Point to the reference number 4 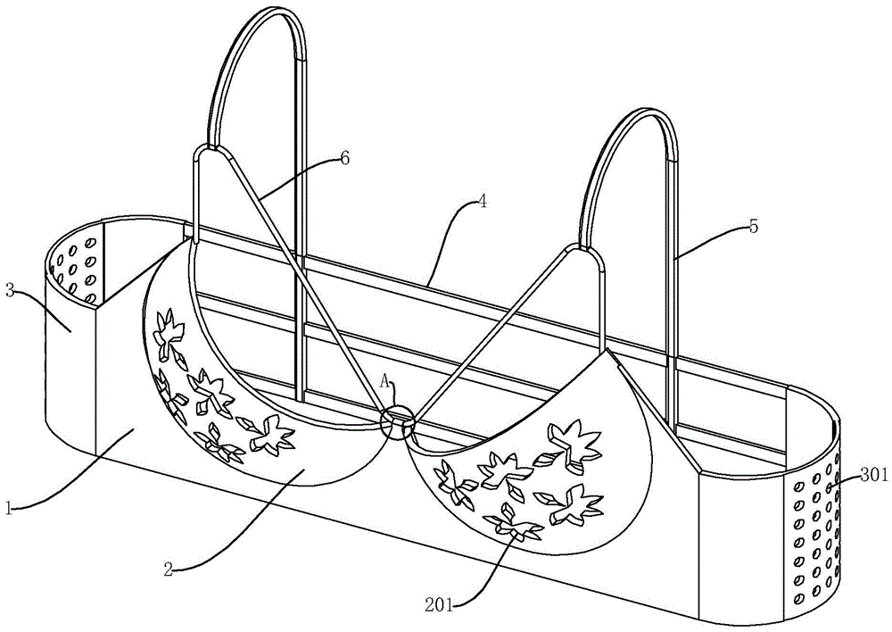[x=482, y=203]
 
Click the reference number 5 [x=754, y=227]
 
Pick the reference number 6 [x=344, y=158]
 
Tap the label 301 [x=874, y=476]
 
